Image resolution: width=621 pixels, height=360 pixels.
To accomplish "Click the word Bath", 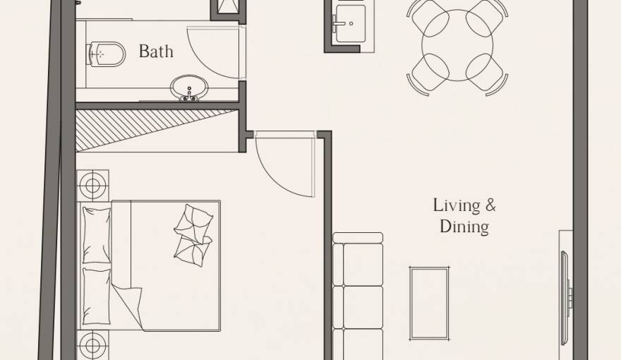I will coord(156,52).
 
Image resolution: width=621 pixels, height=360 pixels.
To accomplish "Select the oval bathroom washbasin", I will coord(189,88).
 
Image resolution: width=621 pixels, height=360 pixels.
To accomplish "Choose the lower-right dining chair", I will coord(486,74).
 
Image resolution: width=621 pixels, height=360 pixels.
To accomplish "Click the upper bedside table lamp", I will coord(92,186).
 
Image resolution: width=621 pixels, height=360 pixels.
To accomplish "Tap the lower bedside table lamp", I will coord(92,346).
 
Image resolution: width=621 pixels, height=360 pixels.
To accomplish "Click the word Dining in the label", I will coord(464,227).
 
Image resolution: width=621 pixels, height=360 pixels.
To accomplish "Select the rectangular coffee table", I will coord(429,302).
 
